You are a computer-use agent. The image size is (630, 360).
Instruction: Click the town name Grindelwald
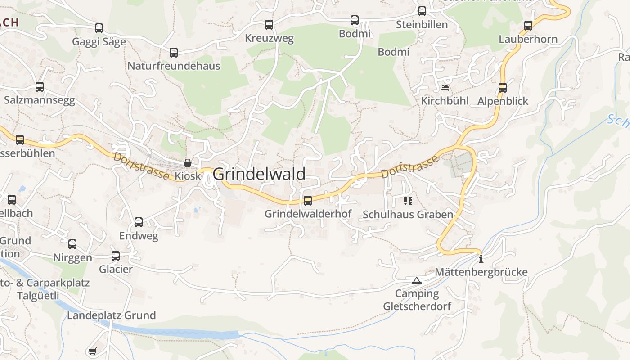[259, 174]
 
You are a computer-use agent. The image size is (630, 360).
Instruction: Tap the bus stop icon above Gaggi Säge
[99, 28]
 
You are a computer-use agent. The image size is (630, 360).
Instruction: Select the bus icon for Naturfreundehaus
[174, 53]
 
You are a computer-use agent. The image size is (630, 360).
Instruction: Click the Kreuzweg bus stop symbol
[269, 25]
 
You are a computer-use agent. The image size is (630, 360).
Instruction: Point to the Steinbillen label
[422, 25]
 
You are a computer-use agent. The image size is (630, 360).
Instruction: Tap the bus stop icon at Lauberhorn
[528, 26]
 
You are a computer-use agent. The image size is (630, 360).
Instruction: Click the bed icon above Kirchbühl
[445, 87]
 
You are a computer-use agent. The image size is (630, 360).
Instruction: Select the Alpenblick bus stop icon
[503, 88]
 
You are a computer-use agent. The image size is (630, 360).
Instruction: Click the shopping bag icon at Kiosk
[188, 163]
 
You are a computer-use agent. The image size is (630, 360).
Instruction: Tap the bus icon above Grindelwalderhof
[308, 200]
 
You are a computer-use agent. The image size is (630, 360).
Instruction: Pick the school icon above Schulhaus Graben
[408, 201]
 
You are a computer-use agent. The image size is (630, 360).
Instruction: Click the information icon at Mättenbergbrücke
[481, 259]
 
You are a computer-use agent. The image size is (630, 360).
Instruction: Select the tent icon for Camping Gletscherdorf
[417, 281]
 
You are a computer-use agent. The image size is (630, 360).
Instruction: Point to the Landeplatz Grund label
[111, 315]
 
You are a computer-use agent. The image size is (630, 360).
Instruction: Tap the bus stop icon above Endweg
[139, 222]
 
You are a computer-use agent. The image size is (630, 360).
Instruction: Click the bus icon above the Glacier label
[116, 256]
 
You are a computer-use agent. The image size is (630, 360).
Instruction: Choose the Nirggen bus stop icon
[72, 244]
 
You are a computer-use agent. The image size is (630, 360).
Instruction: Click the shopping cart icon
[92, 351]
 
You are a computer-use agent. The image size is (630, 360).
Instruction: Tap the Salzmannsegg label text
[40, 100]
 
